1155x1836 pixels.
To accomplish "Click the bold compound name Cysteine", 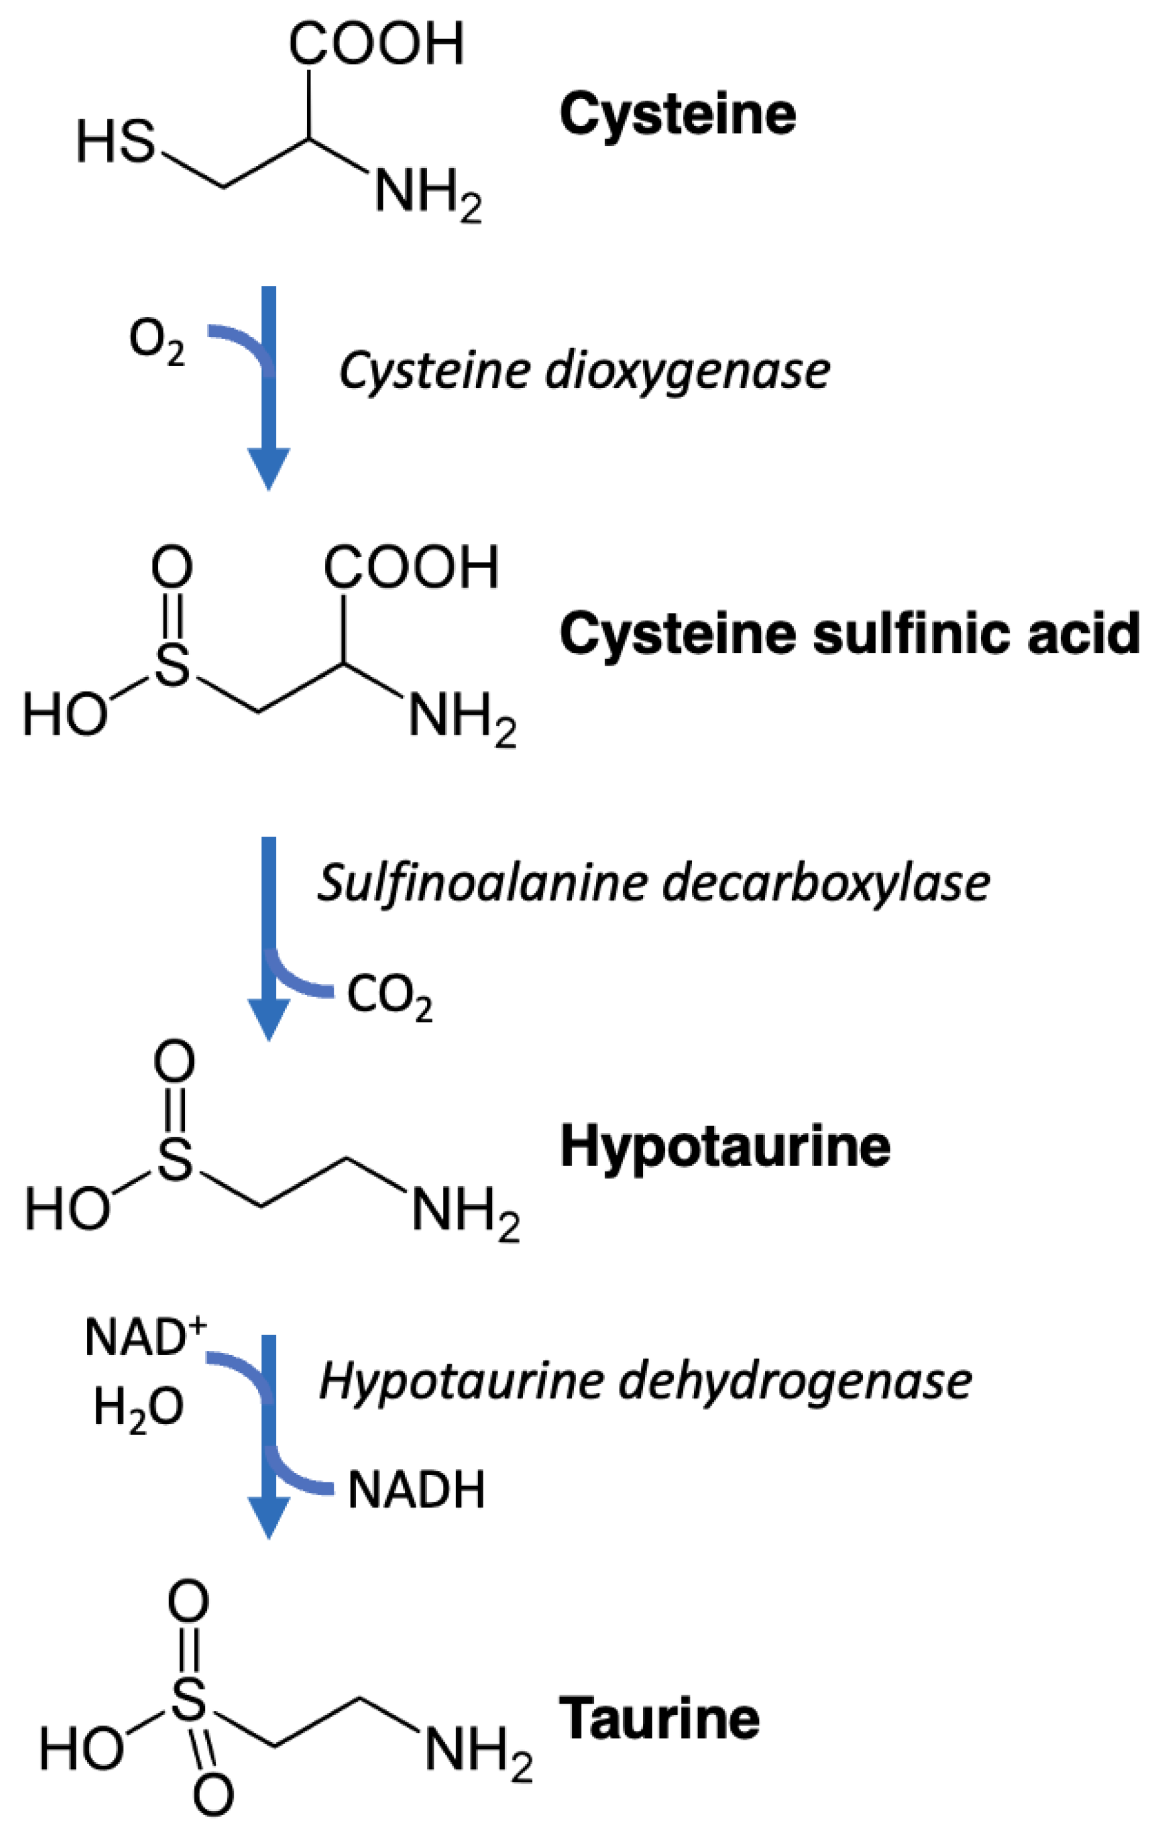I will pyautogui.click(x=677, y=114).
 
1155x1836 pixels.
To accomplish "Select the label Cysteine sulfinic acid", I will pyautogui.click(x=849, y=635).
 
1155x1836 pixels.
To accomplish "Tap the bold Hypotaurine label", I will pyautogui.click(x=725, y=1147).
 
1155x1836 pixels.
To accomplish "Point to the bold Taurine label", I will pyautogui.click(x=659, y=1719).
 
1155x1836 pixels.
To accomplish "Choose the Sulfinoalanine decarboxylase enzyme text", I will pyautogui.click(x=654, y=884).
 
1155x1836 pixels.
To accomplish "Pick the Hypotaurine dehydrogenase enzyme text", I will pyautogui.click(x=645, y=1382).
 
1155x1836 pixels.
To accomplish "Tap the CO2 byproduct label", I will pyautogui.click(x=390, y=996).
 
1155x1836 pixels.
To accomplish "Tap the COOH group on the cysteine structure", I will pyautogui.click(x=376, y=44).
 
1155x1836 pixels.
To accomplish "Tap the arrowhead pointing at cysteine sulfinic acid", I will pyautogui.click(x=268, y=467).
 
